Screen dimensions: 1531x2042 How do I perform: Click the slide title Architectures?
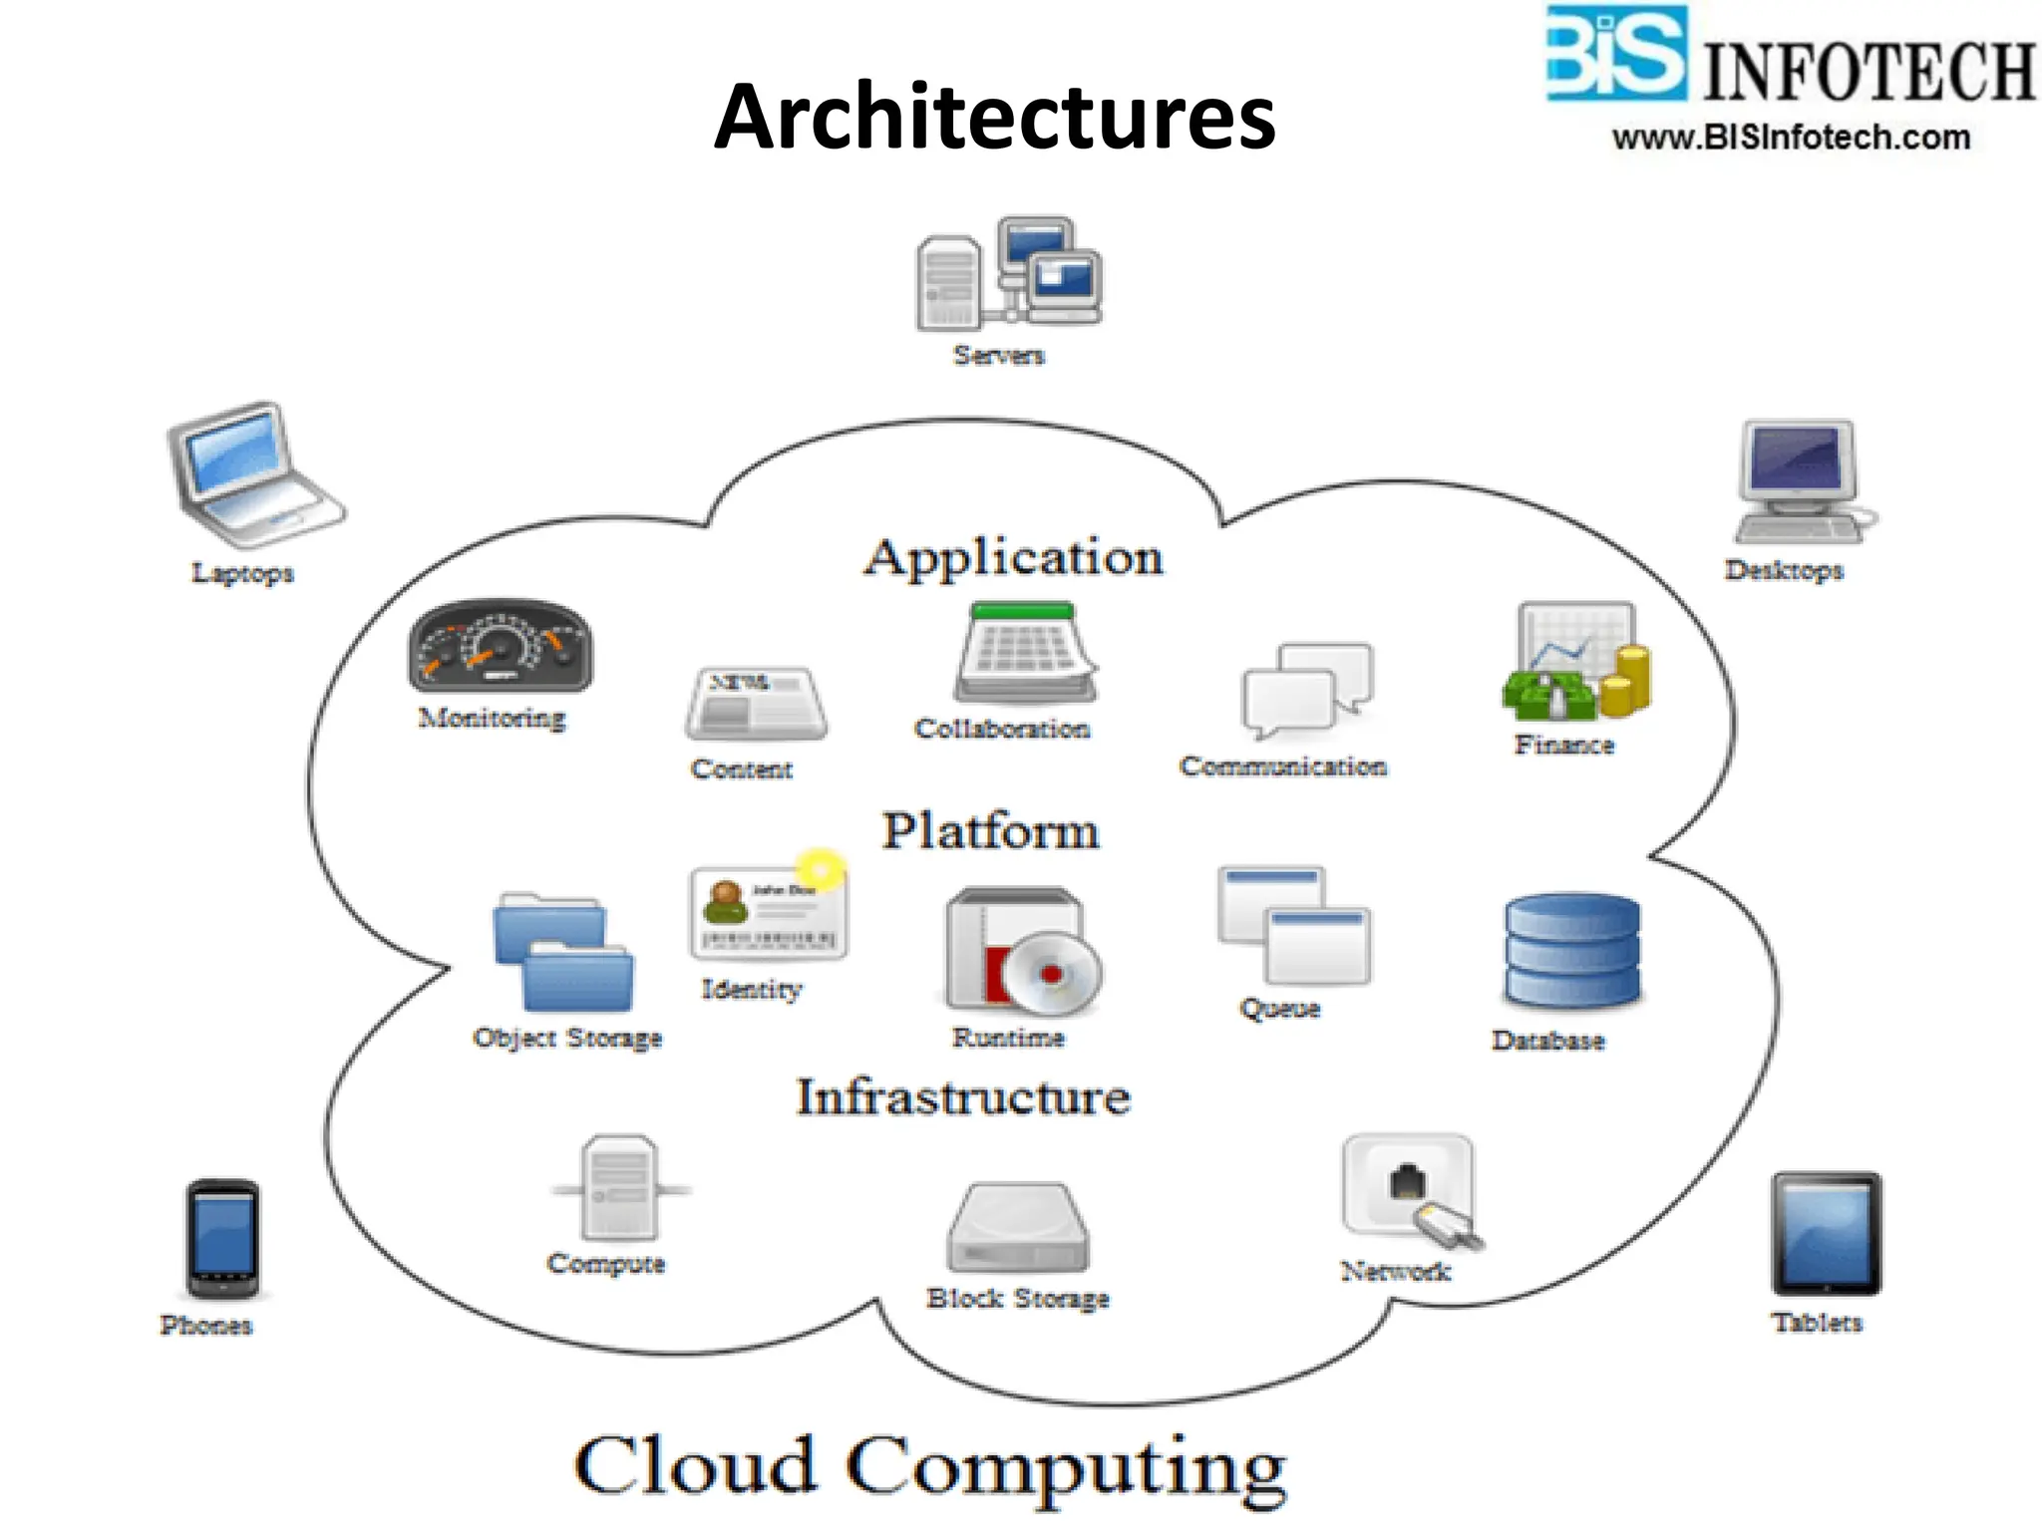click(994, 118)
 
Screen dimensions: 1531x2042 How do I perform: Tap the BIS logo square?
click(1615, 53)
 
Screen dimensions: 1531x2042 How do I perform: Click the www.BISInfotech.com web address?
click(1791, 138)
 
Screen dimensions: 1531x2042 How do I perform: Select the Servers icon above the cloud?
click(1009, 273)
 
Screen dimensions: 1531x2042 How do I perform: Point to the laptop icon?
click(251, 474)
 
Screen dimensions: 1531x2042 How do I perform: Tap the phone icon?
click(222, 1238)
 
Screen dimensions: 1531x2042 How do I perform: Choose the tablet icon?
click(1826, 1233)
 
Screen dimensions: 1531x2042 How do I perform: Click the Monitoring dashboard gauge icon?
click(500, 646)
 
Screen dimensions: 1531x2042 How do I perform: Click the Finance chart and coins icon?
click(1575, 662)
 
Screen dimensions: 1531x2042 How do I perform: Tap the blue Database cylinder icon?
click(1571, 951)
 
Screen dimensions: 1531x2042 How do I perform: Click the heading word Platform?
click(990, 831)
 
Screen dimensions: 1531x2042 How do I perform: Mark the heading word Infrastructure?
click(963, 1097)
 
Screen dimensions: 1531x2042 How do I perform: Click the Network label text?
click(1395, 1271)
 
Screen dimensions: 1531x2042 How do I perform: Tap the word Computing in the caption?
click(1066, 1467)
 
